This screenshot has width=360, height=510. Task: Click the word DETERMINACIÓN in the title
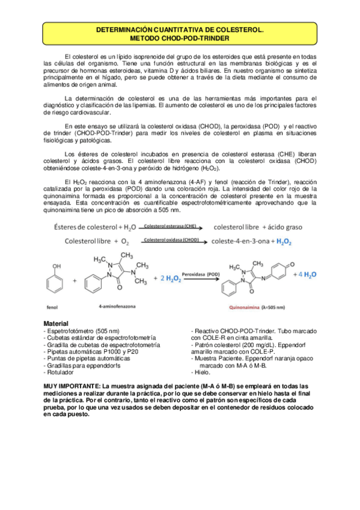(x=125, y=29)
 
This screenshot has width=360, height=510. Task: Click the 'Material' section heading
(x=56, y=324)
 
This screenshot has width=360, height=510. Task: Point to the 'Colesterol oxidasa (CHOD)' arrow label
(x=171, y=240)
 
